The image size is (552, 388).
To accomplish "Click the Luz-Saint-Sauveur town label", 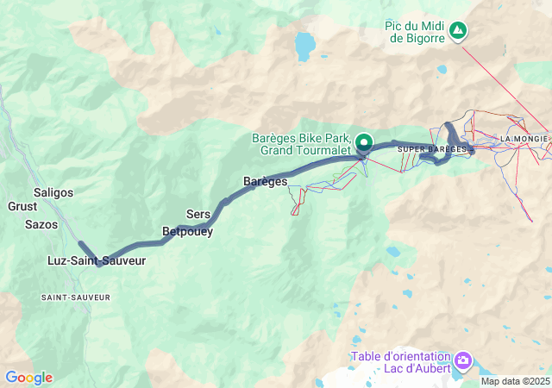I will pyautogui.click(x=97, y=260).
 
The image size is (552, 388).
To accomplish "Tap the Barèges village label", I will pyautogui.click(x=265, y=181).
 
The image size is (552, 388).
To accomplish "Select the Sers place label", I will pyautogui.click(x=198, y=214).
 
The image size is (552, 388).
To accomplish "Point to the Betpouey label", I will pyautogui.click(x=187, y=231).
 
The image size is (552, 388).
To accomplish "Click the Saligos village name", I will pyautogui.click(x=53, y=192).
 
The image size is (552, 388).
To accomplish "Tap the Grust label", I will pyautogui.click(x=22, y=207).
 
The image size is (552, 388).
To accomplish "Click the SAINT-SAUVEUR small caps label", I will pyautogui.click(x=76, y=297).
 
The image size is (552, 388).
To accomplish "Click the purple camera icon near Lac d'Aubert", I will pyautogui.click(x=463, y=359).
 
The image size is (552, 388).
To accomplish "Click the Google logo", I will pyautogui.click(x=28, y=378).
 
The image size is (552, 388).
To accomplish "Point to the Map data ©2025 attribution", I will pyautogui.click(x=514, y=381).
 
